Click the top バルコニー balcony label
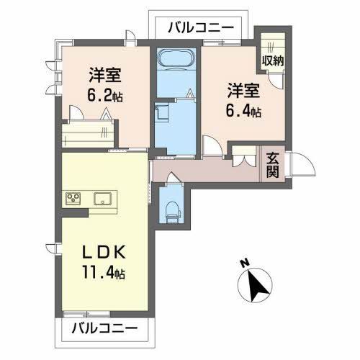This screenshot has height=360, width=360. pos(201,27)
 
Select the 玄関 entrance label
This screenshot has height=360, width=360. pos(273,165)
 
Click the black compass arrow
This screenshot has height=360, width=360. pos(258,286)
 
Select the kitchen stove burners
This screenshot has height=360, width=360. pos(74,198)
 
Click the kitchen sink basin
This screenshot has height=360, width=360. pos(101,198)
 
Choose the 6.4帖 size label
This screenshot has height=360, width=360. pos(244,112)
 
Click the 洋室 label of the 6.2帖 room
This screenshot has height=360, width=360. pos(104,75)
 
